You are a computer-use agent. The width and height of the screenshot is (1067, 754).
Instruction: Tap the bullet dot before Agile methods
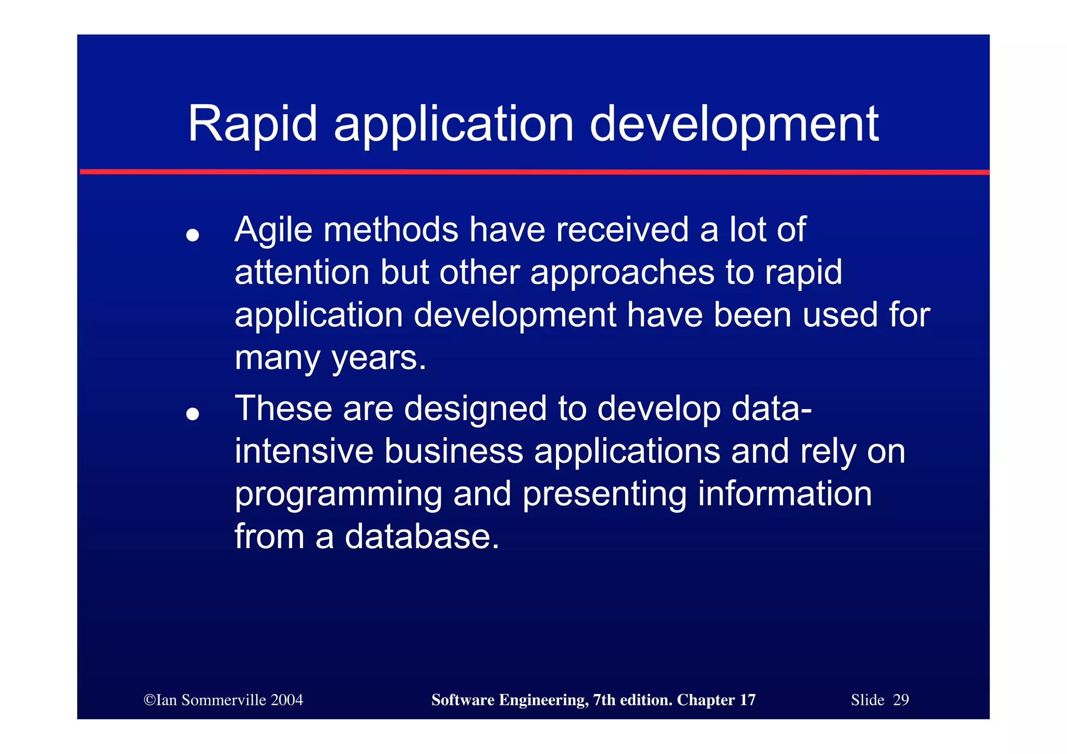[193, 236]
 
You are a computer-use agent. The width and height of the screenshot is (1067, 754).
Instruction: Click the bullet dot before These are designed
[193, 414]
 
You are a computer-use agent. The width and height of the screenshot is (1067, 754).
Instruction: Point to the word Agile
[273, 230]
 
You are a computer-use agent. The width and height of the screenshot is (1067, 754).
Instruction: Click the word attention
[302, 273]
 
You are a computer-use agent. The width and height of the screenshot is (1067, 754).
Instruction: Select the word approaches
[622, 273]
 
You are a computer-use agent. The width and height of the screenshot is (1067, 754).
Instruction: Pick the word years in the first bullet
[379, 359]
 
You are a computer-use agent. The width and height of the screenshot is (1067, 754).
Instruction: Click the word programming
[338, 494]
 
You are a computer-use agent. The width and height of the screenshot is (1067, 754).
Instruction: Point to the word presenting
[604, 494]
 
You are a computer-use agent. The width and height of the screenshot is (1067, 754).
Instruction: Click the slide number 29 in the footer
[900, 700]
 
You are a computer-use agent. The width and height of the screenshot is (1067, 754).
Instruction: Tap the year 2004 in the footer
[287, 700]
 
